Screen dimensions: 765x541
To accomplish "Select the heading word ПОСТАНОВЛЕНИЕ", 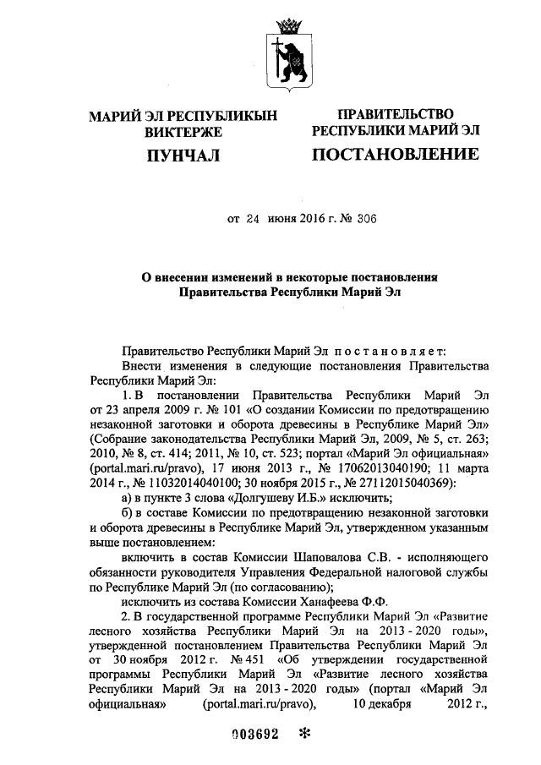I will click(395, 156).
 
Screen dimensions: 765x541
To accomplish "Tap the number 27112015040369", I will click(404, 484).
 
